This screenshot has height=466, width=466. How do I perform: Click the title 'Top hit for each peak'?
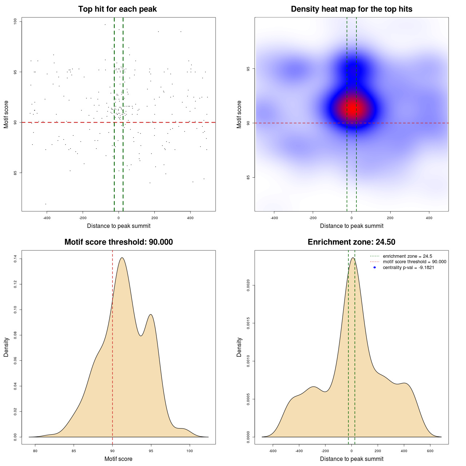coord(117,9)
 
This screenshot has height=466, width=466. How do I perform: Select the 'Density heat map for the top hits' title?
coord(351,9)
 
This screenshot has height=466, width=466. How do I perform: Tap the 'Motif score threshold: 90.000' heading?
coord(118,242)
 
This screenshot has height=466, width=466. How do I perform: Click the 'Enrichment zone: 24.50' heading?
coord(351,242)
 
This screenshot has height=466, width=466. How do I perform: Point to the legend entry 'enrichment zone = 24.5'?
coord(407,256)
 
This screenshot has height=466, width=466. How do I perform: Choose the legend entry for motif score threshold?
coord(414,262)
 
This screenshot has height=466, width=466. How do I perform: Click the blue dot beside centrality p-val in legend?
coord(375,268)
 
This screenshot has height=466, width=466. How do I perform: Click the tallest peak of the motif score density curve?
coord(122,258)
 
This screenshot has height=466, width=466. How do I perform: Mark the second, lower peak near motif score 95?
coord(150,315)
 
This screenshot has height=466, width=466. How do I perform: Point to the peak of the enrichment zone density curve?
coord(352,258)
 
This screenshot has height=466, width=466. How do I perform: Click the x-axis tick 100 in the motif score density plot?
coord(190,451)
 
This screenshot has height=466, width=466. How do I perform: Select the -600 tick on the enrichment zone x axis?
coord(273,451)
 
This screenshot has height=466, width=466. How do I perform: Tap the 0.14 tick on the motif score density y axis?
coord(15,259)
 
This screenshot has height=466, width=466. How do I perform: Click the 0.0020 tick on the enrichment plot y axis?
coord(248,285)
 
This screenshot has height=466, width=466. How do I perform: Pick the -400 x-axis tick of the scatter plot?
coord(47,218)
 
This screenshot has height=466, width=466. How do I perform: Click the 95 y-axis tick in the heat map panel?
coord(248,68)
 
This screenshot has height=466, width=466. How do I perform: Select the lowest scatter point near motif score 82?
coord(46,204)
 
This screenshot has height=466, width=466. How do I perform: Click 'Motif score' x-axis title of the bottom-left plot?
coord(118,459)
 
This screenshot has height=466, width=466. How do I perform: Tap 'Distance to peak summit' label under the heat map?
coord(351,226)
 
